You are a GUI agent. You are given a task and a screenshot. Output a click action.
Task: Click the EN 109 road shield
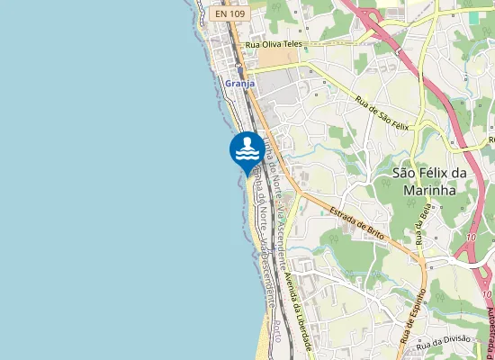click(230, 13)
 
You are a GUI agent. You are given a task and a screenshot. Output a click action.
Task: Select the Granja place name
click(239, 83)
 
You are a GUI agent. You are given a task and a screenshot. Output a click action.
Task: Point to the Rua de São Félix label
click(382, 113)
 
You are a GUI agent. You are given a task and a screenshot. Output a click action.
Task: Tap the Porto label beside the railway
click(283, 338)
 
